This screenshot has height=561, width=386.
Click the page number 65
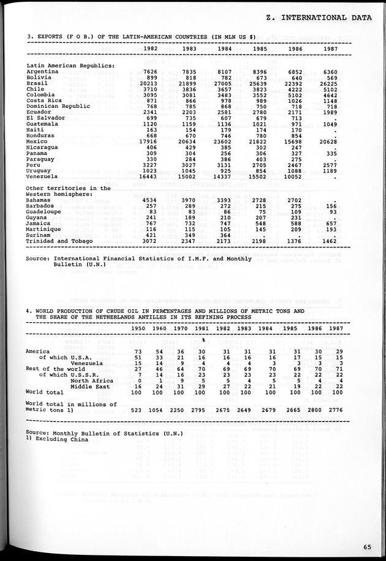[366, 547]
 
